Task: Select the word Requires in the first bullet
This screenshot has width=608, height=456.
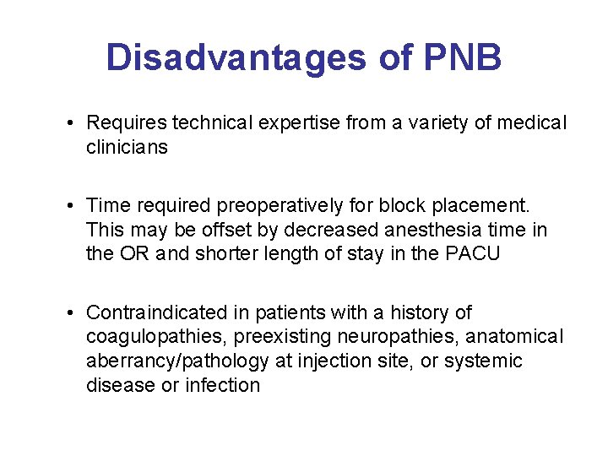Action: coord(126,123)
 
